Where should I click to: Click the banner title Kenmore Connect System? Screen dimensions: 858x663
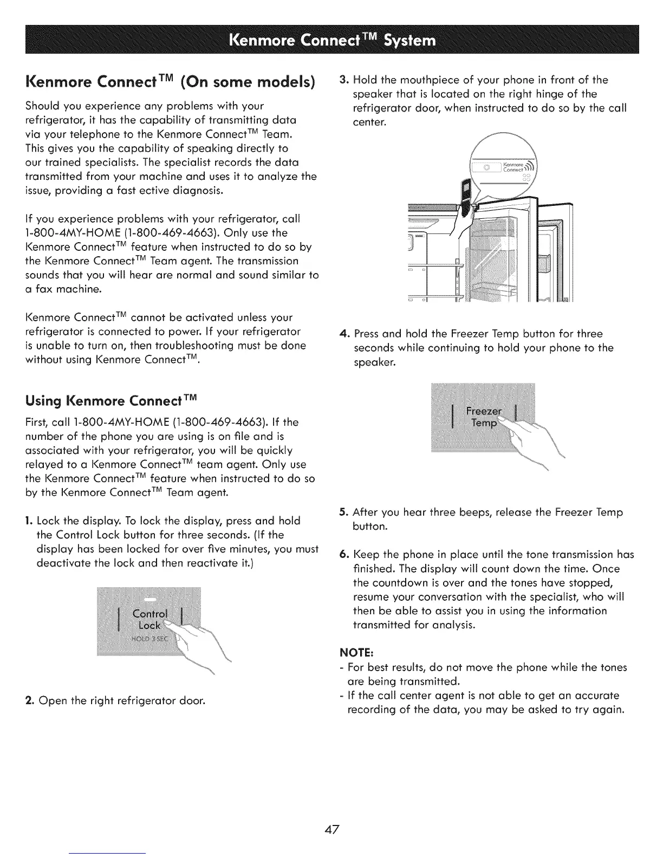click(x=332, y=41)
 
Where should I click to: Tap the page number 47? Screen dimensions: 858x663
click(x=331, y=829)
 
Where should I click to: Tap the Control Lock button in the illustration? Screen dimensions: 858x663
click(x=150, y=620)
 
